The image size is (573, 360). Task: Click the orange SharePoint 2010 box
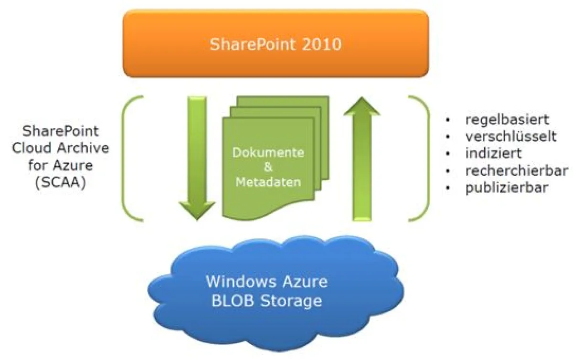click(x=276, y=44)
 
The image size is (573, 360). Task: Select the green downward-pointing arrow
click(x=197, y=158)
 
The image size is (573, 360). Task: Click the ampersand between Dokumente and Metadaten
click(x=268, y=168)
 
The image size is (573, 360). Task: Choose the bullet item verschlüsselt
click(x=511, y=136)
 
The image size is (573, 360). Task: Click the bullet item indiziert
click(x=494, y=153)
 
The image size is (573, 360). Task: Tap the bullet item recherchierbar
click(x=516, y=170)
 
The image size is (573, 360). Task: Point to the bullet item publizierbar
click(x=507, y=188)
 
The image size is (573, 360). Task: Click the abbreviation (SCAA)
click(x=61, y=183)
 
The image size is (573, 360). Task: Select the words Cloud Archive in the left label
click(x=61, y=148)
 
